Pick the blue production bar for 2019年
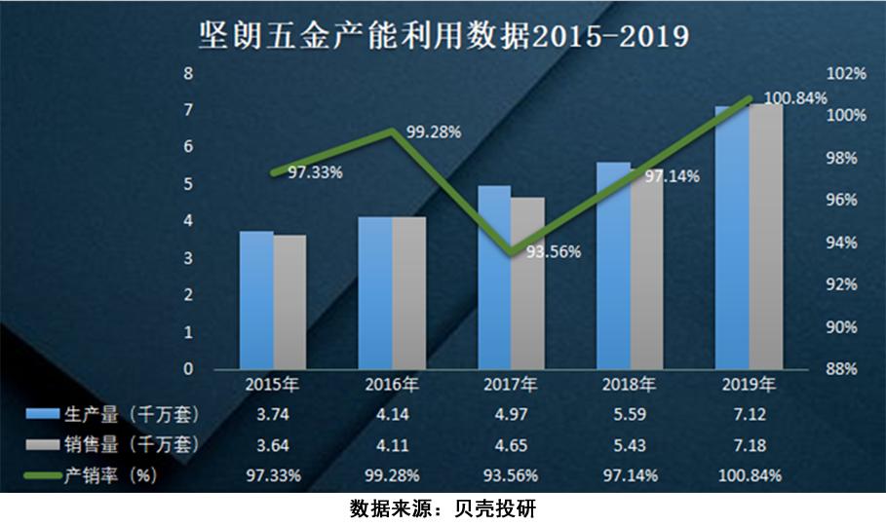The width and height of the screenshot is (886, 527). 732,238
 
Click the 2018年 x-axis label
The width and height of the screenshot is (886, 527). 629,384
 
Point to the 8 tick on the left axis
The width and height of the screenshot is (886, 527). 189,73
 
